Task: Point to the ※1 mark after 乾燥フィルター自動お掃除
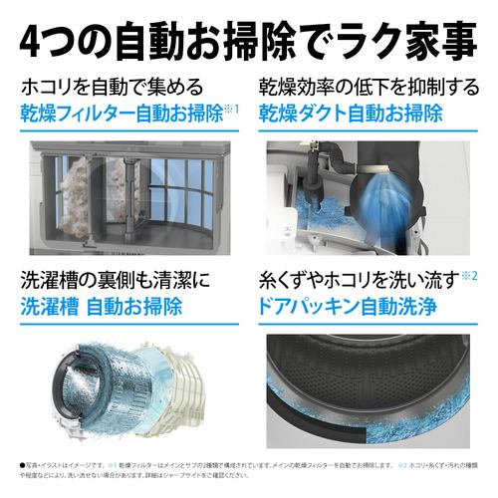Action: pos(232,107)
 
